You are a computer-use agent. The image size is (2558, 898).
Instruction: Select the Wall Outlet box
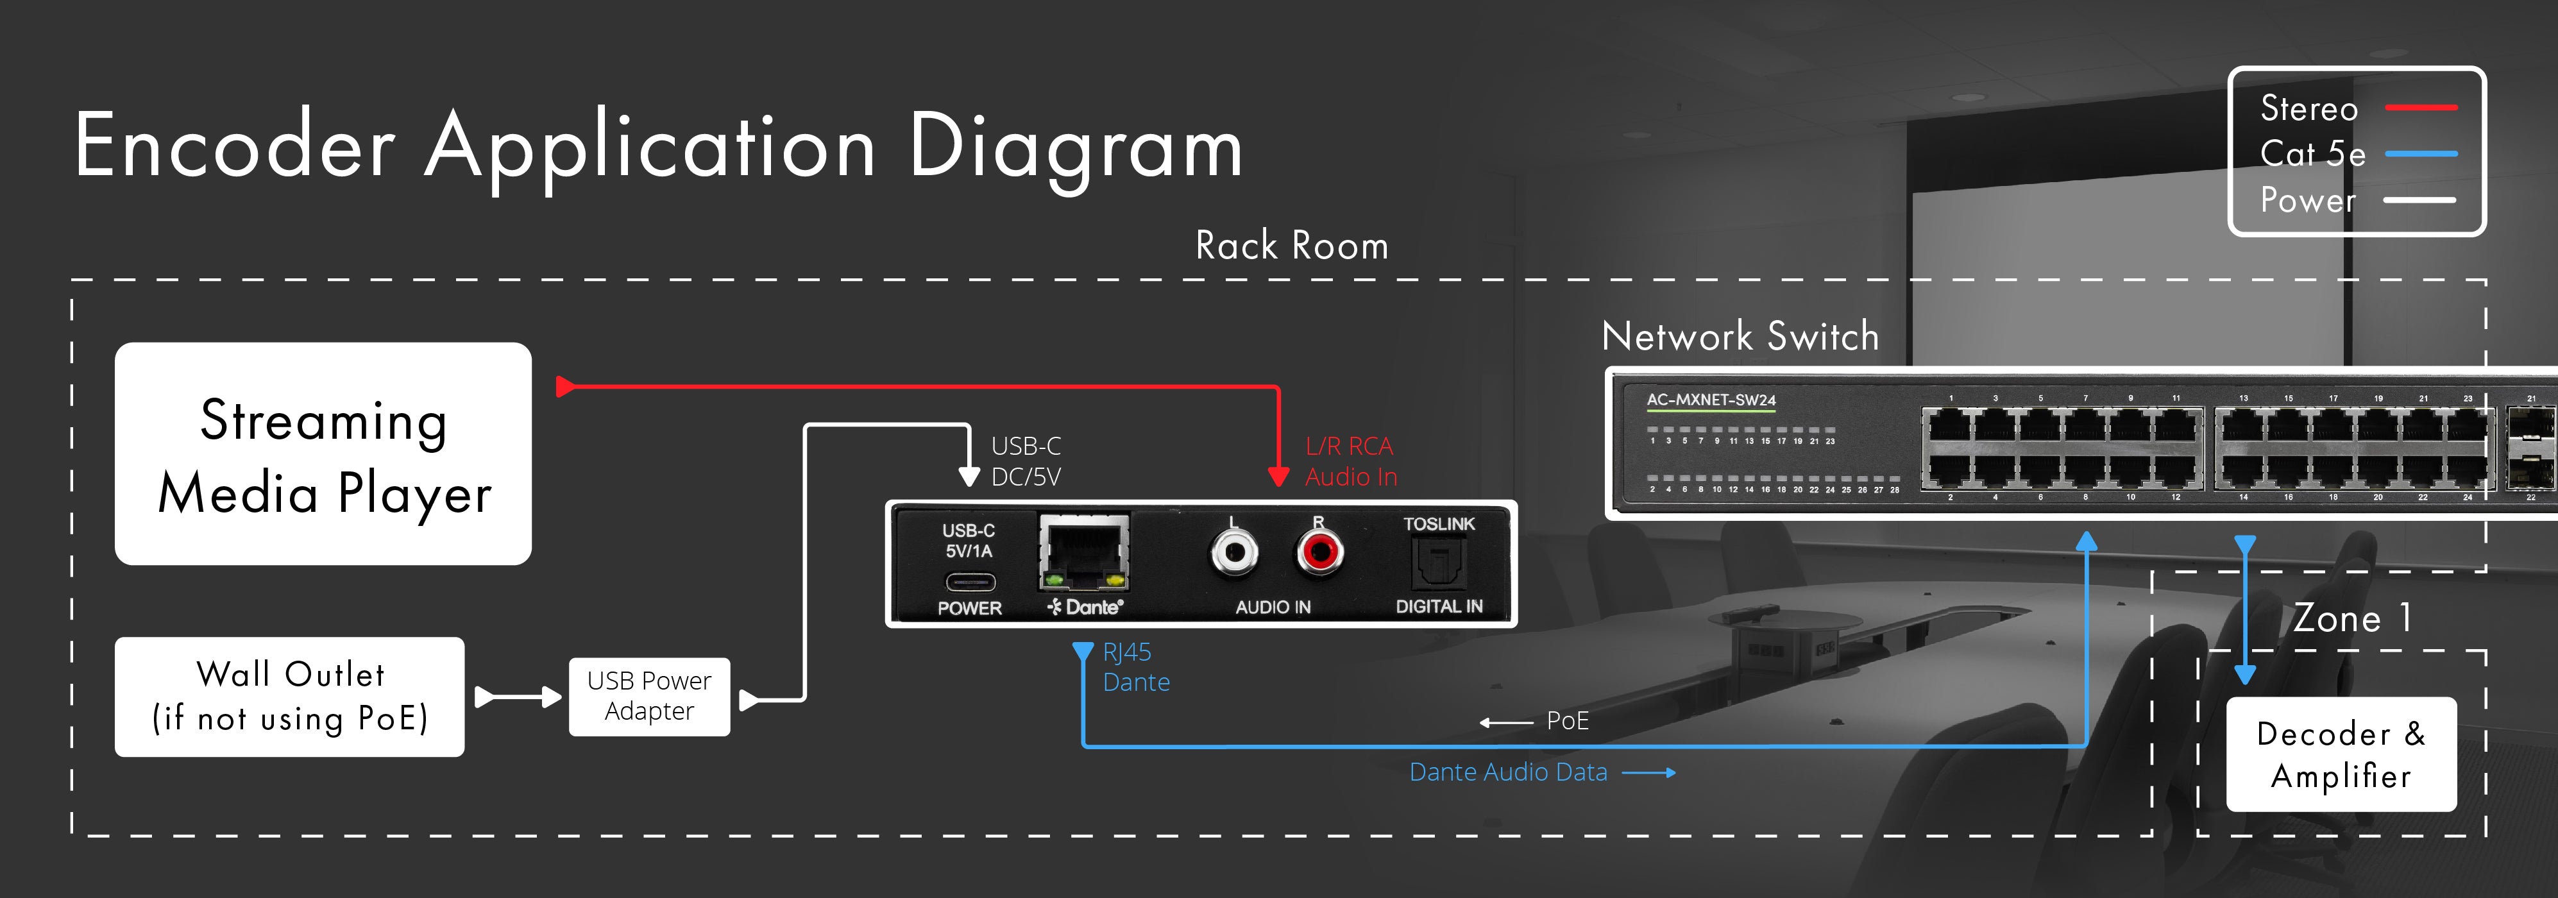(x=289, y=697)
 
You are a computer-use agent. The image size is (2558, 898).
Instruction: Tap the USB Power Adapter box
(x=648, y=697)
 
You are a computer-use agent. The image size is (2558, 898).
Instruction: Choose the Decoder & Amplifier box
(x=2341, y=754)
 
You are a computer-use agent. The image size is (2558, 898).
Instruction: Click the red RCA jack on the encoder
(x=1319, y=552)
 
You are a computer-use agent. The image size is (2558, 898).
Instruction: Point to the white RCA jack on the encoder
(x=1233, y=552)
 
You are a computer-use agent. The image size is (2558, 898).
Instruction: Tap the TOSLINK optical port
(x=1438, y=563)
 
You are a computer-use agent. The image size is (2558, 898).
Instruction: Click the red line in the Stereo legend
(x=2420, y=107)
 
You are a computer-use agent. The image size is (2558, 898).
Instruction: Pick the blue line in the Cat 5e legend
(x=2420, y=154)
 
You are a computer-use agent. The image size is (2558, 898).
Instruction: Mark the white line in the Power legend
(x=2420, y=199)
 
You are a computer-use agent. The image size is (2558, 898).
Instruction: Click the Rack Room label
(x=1291, y=246)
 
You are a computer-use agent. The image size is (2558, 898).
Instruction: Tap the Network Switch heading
(x=1740, y=337)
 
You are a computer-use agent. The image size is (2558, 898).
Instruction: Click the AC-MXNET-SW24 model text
(x=1711, y=400)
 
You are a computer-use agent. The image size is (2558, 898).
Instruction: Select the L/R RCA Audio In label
(x=1350, y=461)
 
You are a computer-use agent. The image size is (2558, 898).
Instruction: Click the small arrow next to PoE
(x=1505, y=722)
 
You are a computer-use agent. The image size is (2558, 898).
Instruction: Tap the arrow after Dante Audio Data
(x=1649, y=773)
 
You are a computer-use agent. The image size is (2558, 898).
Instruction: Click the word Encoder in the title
(x=235, y=147)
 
